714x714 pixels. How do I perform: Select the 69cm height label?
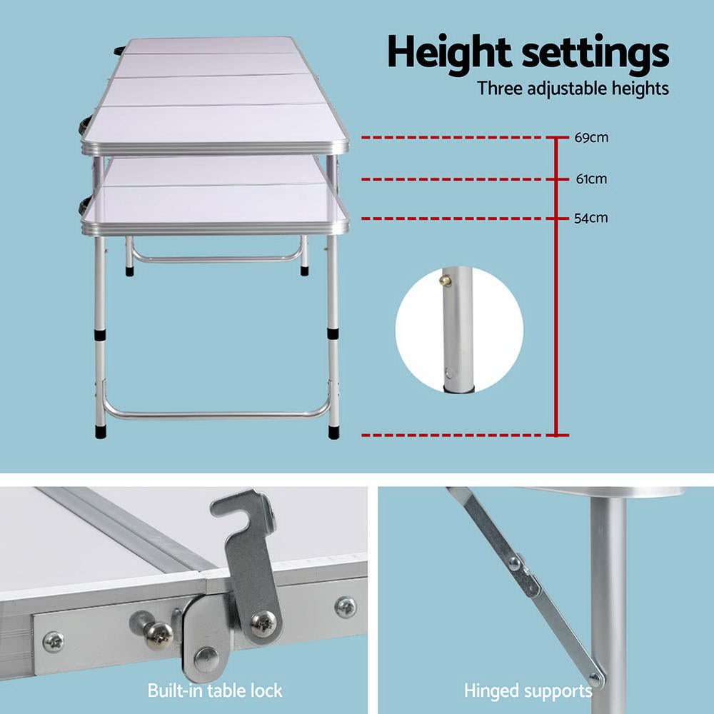(591, 137)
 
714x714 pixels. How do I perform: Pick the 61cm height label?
(591, 178)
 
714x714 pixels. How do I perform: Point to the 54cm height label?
(591, 218)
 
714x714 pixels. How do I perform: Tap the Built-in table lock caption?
(215, 690)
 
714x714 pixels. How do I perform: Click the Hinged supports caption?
(528, 690)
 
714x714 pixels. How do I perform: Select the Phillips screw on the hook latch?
(264, 623)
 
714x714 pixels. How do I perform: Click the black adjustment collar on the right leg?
(333, 333)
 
